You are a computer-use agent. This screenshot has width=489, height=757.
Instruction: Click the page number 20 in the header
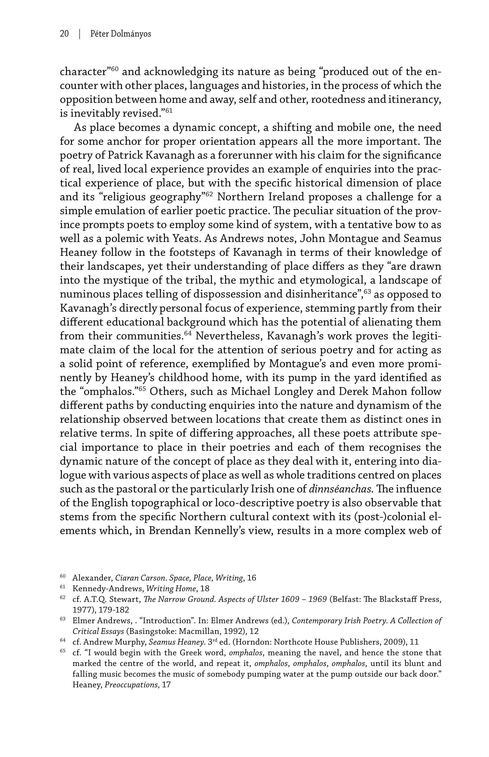tap(64, 34)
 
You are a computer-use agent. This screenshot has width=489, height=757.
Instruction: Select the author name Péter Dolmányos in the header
tap(120, 34)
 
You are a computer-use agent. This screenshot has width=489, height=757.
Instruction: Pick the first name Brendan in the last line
tap(170, 531)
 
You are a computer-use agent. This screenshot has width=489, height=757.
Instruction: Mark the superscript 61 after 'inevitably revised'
tap(169, 111)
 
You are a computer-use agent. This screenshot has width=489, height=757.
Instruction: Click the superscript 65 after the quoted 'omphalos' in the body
tap(143, 389)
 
